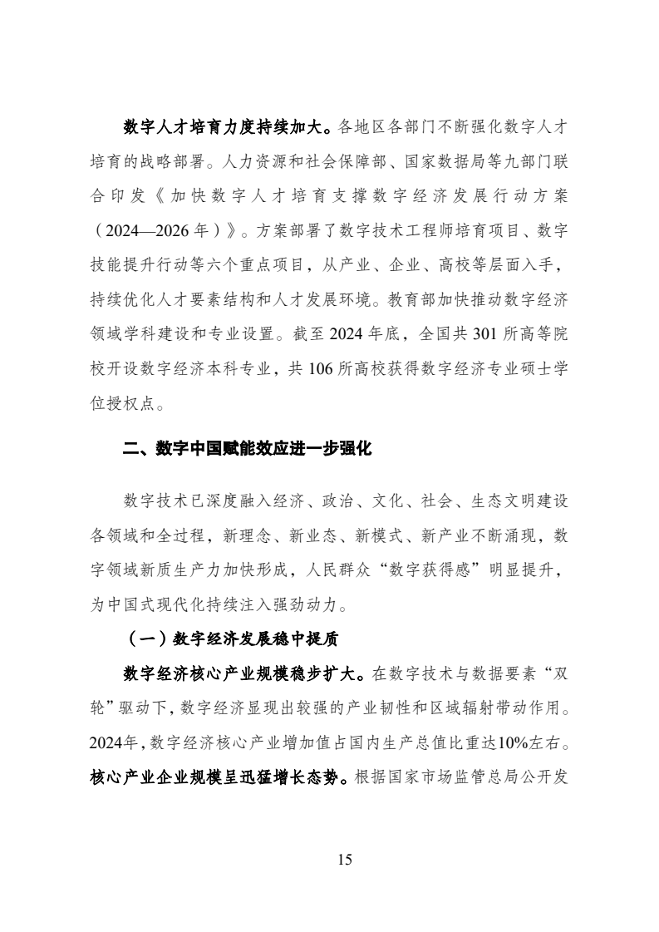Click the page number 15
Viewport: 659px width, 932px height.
click(345, 859)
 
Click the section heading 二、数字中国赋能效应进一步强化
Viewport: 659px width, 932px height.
click(247, 450)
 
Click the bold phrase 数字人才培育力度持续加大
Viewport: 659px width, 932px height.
click(227, 126)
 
